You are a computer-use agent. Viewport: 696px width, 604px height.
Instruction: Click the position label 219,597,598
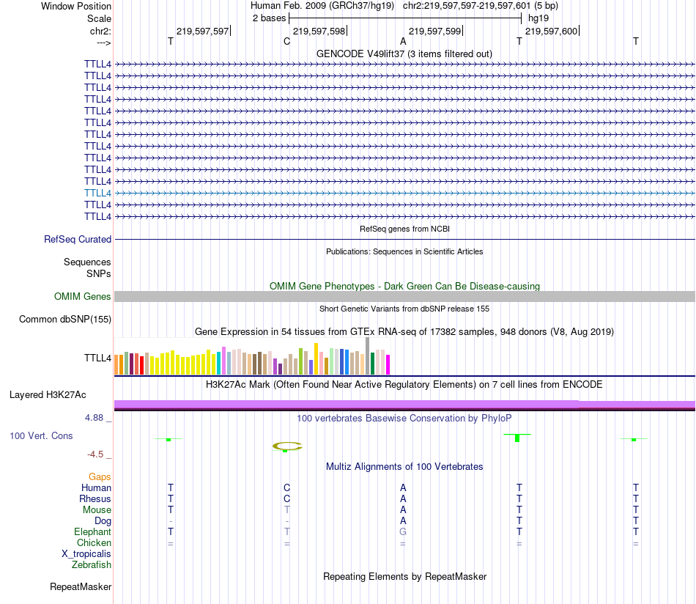click(319, 31)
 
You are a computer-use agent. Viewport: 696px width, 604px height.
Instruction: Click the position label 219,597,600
click(551, 31)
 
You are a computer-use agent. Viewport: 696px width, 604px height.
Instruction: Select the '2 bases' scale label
click(269, 18)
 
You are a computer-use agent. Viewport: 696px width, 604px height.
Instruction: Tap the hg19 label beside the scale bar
click(538, 18)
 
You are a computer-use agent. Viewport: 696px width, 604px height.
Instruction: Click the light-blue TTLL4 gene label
click(97, 193)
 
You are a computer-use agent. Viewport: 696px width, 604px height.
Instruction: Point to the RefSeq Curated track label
click(78, 239)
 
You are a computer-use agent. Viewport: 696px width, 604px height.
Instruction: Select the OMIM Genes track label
click(83, 296)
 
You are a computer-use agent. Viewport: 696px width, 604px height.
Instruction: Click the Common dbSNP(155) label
click(65, 319)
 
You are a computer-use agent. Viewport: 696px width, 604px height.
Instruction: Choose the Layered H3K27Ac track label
click(48, 394)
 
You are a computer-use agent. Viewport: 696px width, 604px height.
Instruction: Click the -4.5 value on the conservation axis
click(98, 454)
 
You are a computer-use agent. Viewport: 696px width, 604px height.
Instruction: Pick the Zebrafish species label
click(92, 564)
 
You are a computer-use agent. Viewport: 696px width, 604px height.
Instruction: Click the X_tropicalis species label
click(86, 553)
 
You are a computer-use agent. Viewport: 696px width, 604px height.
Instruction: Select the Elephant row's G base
click(403, 531)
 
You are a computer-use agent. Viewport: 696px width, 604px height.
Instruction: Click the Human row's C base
click(287, 487)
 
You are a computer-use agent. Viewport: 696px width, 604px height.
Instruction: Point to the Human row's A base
click(403, 487)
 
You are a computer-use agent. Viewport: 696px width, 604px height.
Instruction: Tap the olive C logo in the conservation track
click(286, 445)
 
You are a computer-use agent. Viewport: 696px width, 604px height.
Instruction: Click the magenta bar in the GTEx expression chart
click(388, 364)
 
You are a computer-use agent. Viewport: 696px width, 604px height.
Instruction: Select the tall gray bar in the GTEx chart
click(368, 356)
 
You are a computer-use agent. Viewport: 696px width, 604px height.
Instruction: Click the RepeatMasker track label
click(81, 586)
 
